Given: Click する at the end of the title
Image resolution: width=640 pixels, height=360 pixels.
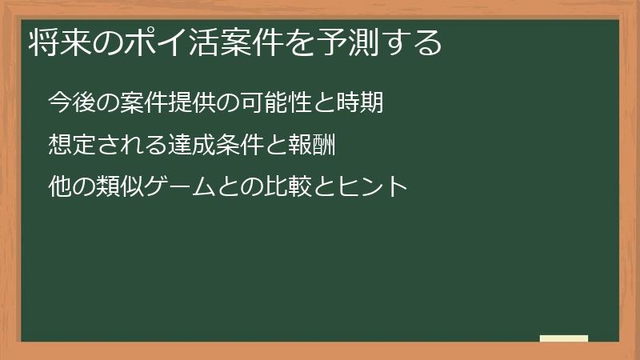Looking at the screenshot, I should pyautogui.click(x=417, y=43).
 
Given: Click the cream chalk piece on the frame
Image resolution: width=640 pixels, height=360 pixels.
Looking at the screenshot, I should pyautogui.click(x=564, y=338).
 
